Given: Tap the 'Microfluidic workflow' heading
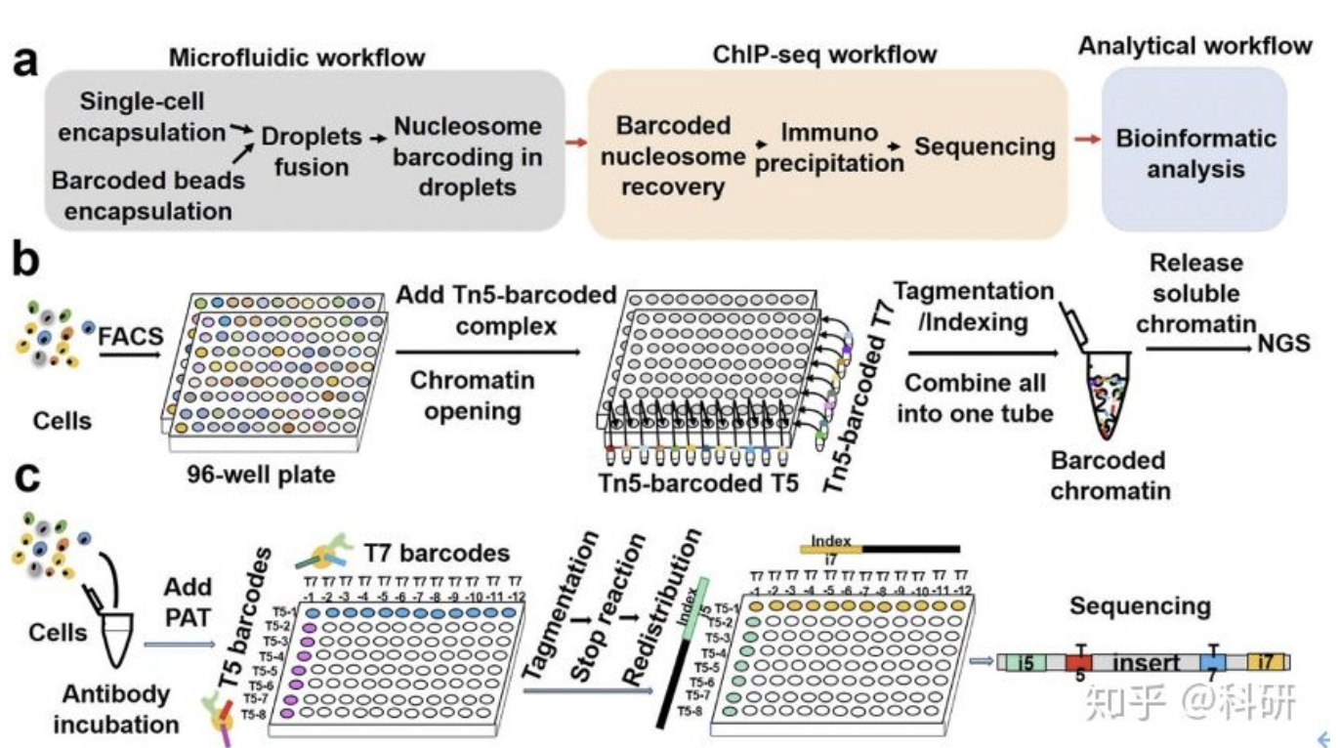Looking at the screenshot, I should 297,57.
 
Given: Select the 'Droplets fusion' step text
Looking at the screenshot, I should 312,151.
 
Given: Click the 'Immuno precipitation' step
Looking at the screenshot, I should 829,147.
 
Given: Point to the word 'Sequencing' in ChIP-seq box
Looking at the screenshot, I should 984,146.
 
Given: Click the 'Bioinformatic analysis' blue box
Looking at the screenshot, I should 1195,153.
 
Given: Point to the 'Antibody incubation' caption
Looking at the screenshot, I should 115,709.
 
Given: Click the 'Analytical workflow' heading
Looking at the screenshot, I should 1194,46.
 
